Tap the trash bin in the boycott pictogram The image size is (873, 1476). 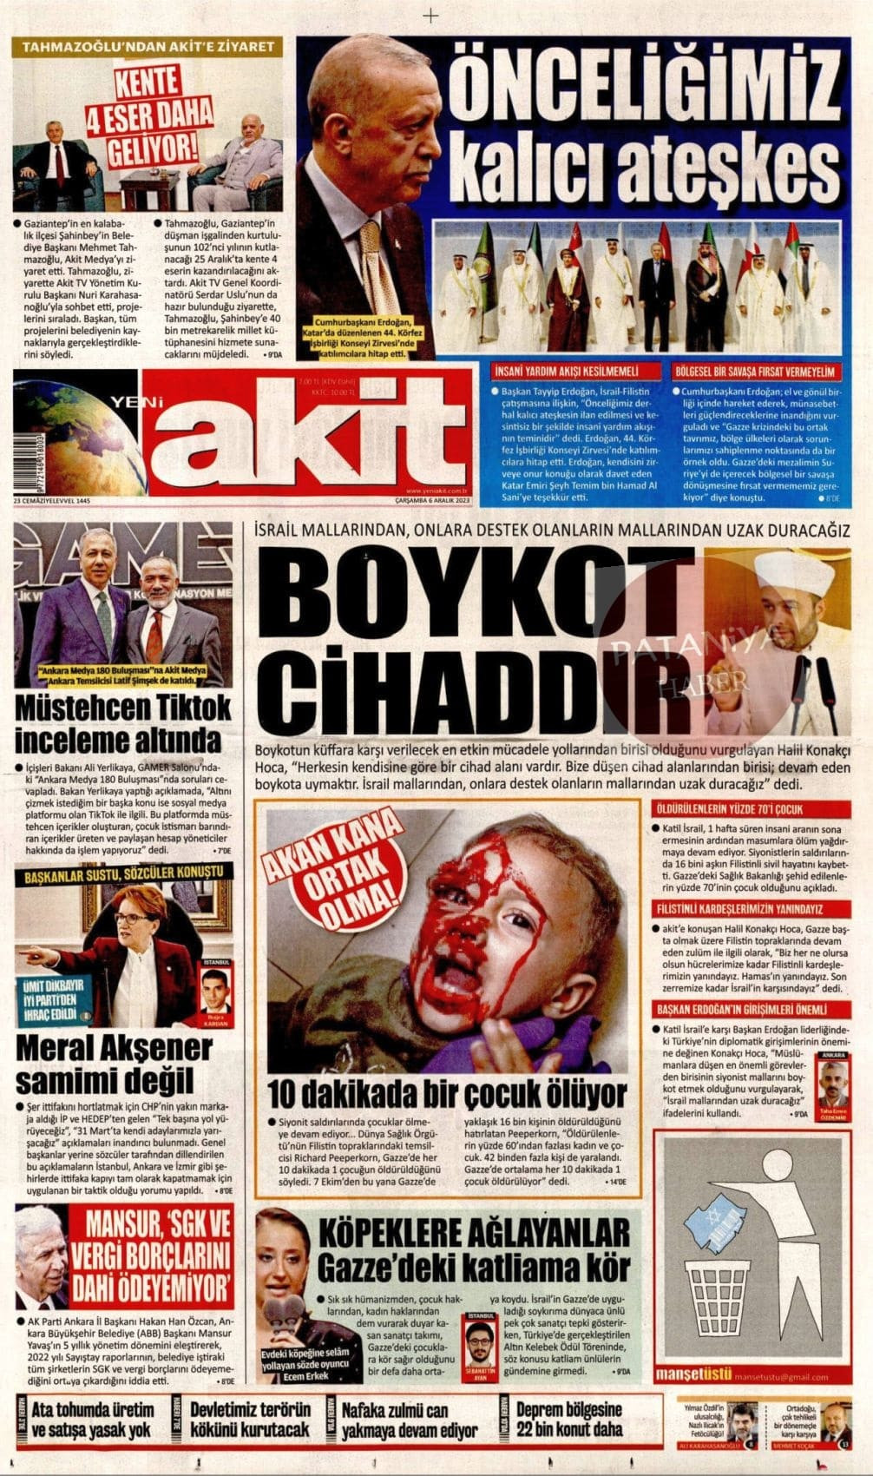click(x=721, y=1294)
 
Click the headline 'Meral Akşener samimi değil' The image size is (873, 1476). click(x=113, y=1064)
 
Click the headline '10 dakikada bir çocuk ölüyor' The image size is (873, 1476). click(x=446, y=1093)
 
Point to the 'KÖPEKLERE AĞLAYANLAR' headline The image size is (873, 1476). click(x=474, y=1232)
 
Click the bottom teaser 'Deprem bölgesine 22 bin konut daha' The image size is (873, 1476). click(x=568, y=1420)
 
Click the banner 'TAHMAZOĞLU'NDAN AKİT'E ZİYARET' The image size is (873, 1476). click(x=147, y=47)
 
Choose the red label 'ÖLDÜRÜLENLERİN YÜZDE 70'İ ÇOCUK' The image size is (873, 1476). click(x=729, y=809)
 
